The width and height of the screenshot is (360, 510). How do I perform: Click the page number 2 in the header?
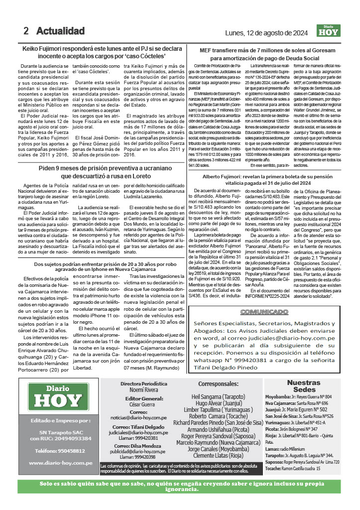point(26,31)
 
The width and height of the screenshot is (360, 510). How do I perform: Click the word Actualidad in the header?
point(60,31)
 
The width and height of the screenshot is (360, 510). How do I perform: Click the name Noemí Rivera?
point(144,390)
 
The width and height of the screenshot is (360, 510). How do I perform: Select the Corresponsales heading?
point(219,384)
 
